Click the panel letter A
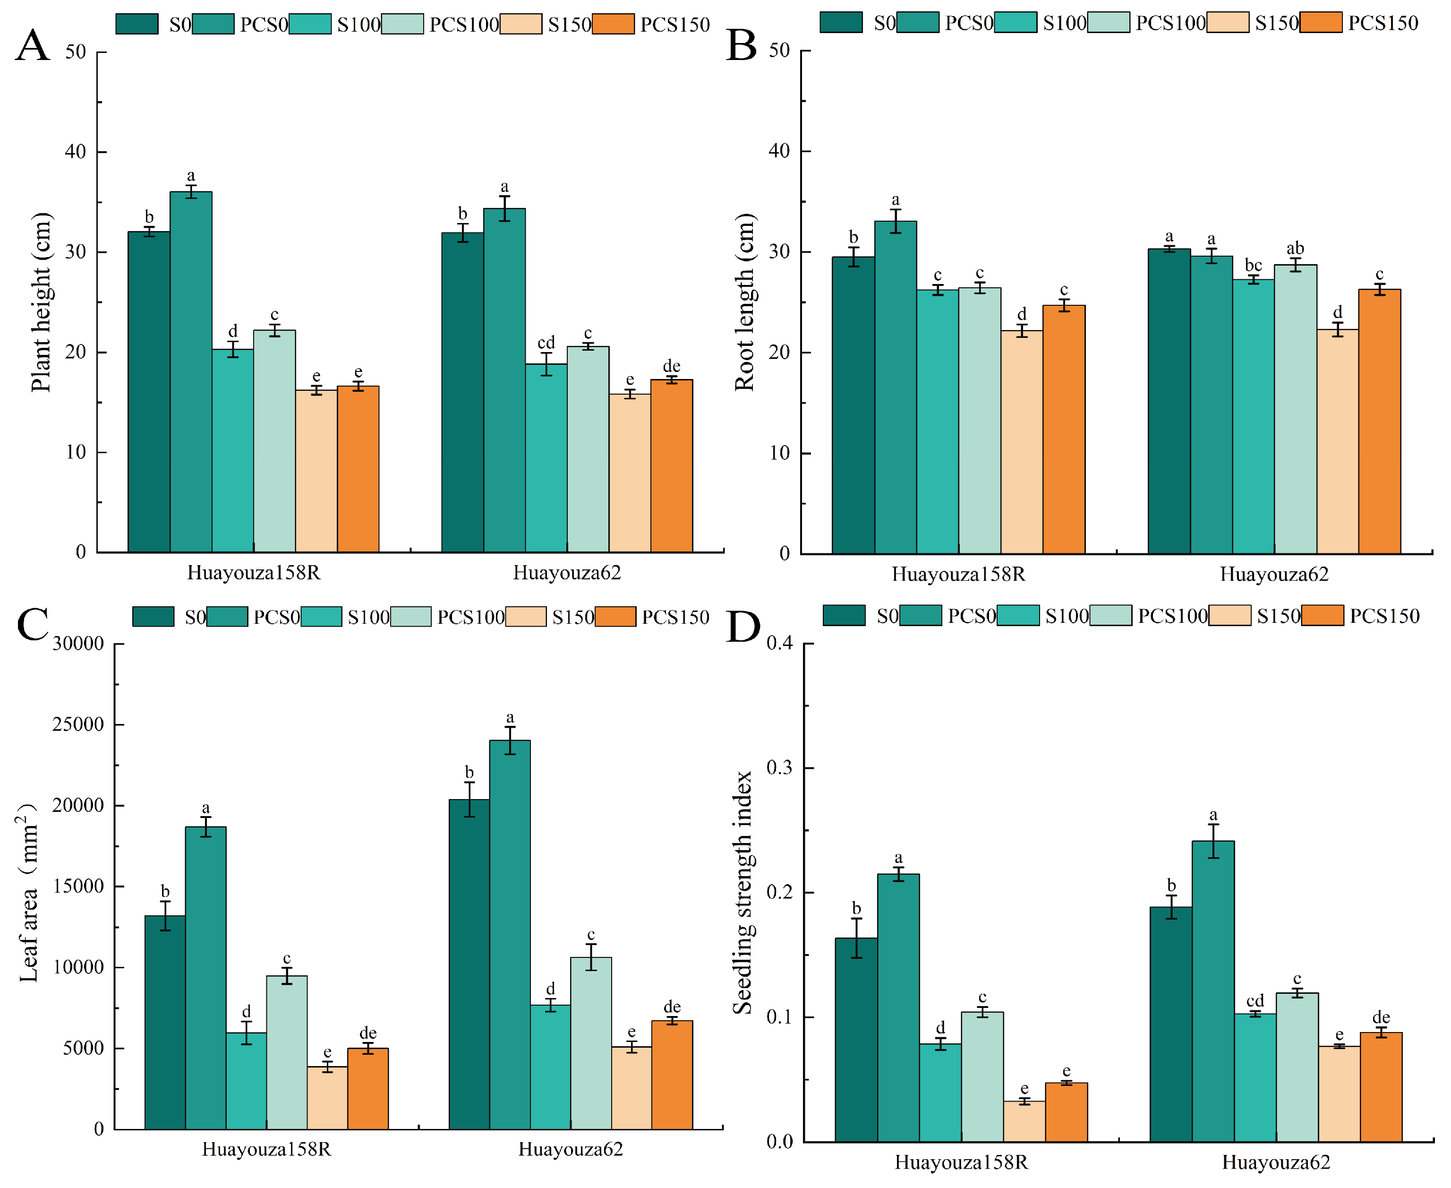(x=32, y=46)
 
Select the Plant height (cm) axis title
(x=41, y=302)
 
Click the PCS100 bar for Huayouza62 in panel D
(x=1297, y=1067)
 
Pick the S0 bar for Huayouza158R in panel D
(x=856, y=1040)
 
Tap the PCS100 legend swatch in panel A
(x=402, y=24)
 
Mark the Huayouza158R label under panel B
(x=958, y=574)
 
